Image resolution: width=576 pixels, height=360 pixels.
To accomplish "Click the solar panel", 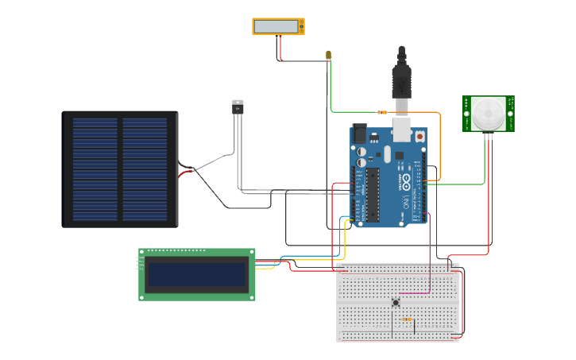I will click(120, 169).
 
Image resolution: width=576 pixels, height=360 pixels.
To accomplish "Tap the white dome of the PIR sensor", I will click(488, 113).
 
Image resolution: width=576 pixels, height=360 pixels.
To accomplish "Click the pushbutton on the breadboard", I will click(396, 302).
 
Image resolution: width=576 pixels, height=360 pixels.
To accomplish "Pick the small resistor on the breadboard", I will click(408, 319).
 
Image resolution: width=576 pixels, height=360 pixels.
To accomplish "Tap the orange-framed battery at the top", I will click(278, 26).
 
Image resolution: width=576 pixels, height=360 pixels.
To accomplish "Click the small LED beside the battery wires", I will click(328, 55).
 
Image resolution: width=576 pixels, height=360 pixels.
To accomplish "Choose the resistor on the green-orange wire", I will click(383, 113).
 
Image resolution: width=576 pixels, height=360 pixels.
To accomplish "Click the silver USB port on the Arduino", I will click(402, 127).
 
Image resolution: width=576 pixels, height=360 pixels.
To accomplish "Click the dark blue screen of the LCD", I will click(197, 275).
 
